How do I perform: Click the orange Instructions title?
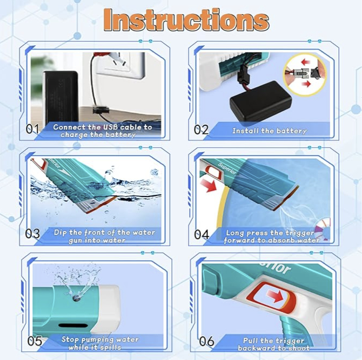(186, 19)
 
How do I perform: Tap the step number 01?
(32, 129)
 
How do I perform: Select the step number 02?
(201, 130)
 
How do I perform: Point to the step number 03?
(32, 234)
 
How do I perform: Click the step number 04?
(202, 235)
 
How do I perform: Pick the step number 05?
(35, 341)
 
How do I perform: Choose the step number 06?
(206, 341)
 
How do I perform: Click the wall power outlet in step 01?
(120, 65)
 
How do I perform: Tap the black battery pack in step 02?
(260, 101)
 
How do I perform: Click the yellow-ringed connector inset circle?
(305, 74)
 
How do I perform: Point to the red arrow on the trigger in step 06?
(274, 296)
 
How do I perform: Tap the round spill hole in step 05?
(76, 298)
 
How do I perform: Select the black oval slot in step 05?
(73, 325)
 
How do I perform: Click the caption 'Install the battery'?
(270, 131)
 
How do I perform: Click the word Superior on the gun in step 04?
(227, 168)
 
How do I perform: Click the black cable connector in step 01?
(100, 110)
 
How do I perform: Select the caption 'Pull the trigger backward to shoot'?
(273, 344)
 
